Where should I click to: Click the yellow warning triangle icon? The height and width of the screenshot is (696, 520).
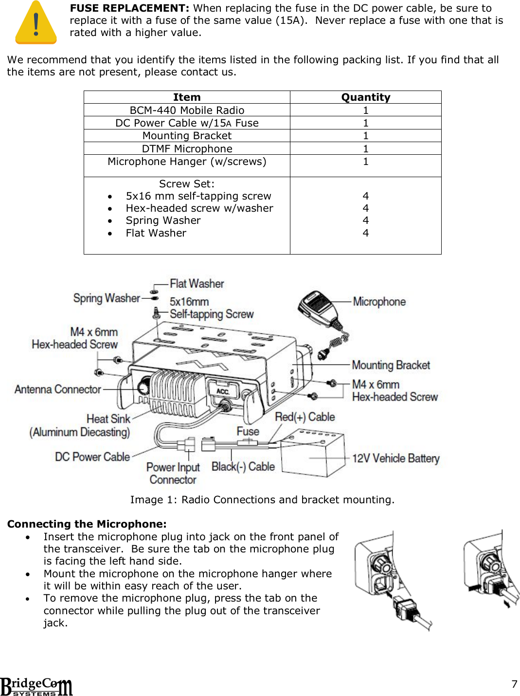click(x=36, y=23)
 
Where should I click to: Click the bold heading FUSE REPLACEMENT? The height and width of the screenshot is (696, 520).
click(x=129, y=8)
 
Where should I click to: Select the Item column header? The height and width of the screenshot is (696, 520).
click(x=187, y=97)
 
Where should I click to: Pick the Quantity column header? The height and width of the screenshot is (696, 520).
click(x=365, y=97)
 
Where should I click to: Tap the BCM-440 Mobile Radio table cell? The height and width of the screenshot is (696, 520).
click(x=187, y=110)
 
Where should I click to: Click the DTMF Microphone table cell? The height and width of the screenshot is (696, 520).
click(x=187, y=149)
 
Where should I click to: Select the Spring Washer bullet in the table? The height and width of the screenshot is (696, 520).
click(x=163, y=220)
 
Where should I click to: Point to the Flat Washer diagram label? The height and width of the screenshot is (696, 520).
click(x=197, y=284)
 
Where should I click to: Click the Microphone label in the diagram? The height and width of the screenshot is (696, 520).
click(x=379, y=302)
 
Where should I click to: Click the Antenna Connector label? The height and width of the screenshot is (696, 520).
click(x=57, y=389)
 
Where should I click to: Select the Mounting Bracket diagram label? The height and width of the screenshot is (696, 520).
click(x=391, y=365)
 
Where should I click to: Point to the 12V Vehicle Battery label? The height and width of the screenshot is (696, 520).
click(x=395, y=458)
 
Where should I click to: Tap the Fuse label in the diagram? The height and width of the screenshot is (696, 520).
click(x=248, y=431)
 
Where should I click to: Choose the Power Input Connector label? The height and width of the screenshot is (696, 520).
click(x=173, y=473)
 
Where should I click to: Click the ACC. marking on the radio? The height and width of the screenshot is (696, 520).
click(x=222, y=391)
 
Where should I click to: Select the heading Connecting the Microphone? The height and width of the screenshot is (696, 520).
click(x=87, y=524)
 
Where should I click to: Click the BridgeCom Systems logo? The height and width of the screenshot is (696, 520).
click(x=36, y=687)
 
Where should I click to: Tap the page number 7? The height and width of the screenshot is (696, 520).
click(x=514, y=684)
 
